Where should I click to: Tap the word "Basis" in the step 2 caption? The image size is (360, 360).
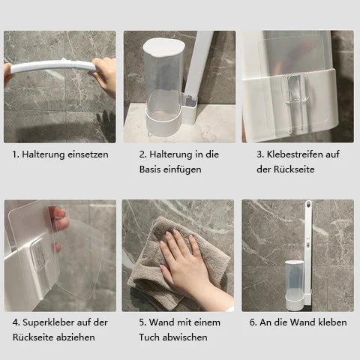pos(151,169)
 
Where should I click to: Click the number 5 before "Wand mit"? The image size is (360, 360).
pos(142,322)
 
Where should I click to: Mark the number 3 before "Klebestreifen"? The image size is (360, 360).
pos(259,154)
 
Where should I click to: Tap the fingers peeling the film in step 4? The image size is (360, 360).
pos(60,225)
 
